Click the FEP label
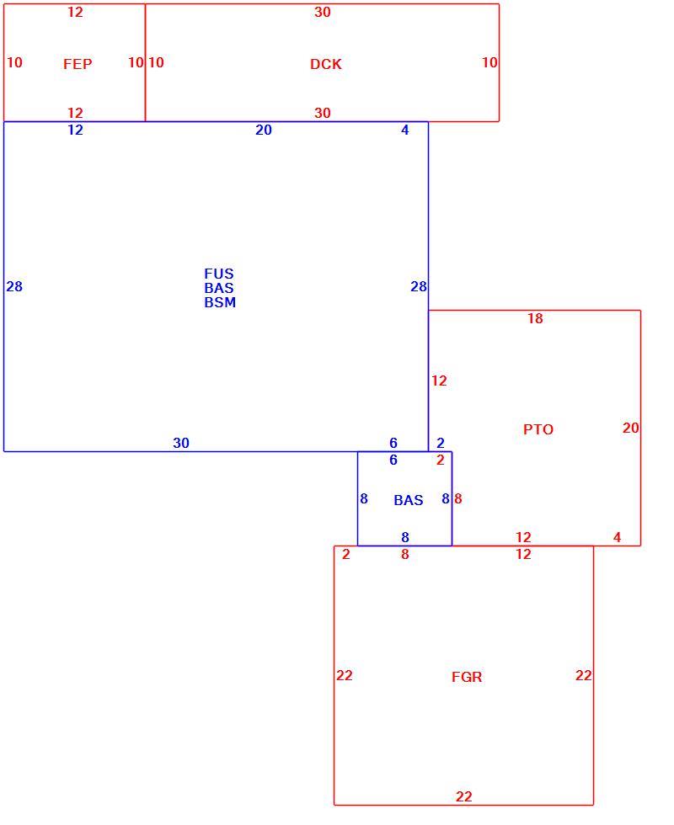(x=78, y=64)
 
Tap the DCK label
(x=326, y=64)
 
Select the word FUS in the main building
(x=219, y=274)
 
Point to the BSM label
(x=220, y=302)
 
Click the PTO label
(x=538, y=429)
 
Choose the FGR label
(x=467, y=677)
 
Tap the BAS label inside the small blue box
(x=408, y=500)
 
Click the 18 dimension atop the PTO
(x=535, y=318)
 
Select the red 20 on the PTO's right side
(x=630, y=428)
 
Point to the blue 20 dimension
(x=263, y=130)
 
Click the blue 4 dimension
(x=405, y=130)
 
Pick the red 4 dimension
(x=617, y=537)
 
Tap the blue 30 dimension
(x=181, y=443)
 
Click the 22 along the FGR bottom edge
(x=463, y=796)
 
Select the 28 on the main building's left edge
(x=14, y=286)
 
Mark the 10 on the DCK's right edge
(x=489, y=62)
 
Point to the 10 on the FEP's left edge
(x=14, y=62)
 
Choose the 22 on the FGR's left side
(x=345, y=675)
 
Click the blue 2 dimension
(x=440, y=443)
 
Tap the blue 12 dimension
(x=75, y=130)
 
